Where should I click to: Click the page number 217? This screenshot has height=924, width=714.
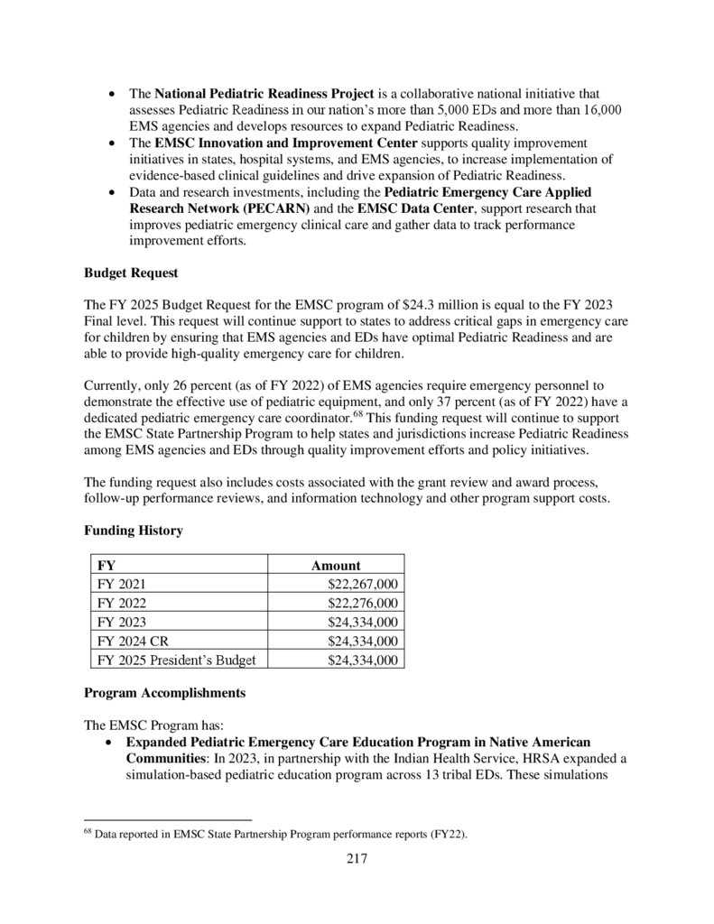[357, 858]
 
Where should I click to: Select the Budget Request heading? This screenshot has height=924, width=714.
[131, 272]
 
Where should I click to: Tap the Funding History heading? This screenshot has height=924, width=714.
[133, 531]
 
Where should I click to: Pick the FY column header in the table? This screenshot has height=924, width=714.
[106, 566]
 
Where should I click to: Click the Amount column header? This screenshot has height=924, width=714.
[336, 566]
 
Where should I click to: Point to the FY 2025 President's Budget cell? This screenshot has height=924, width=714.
[176, 661]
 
